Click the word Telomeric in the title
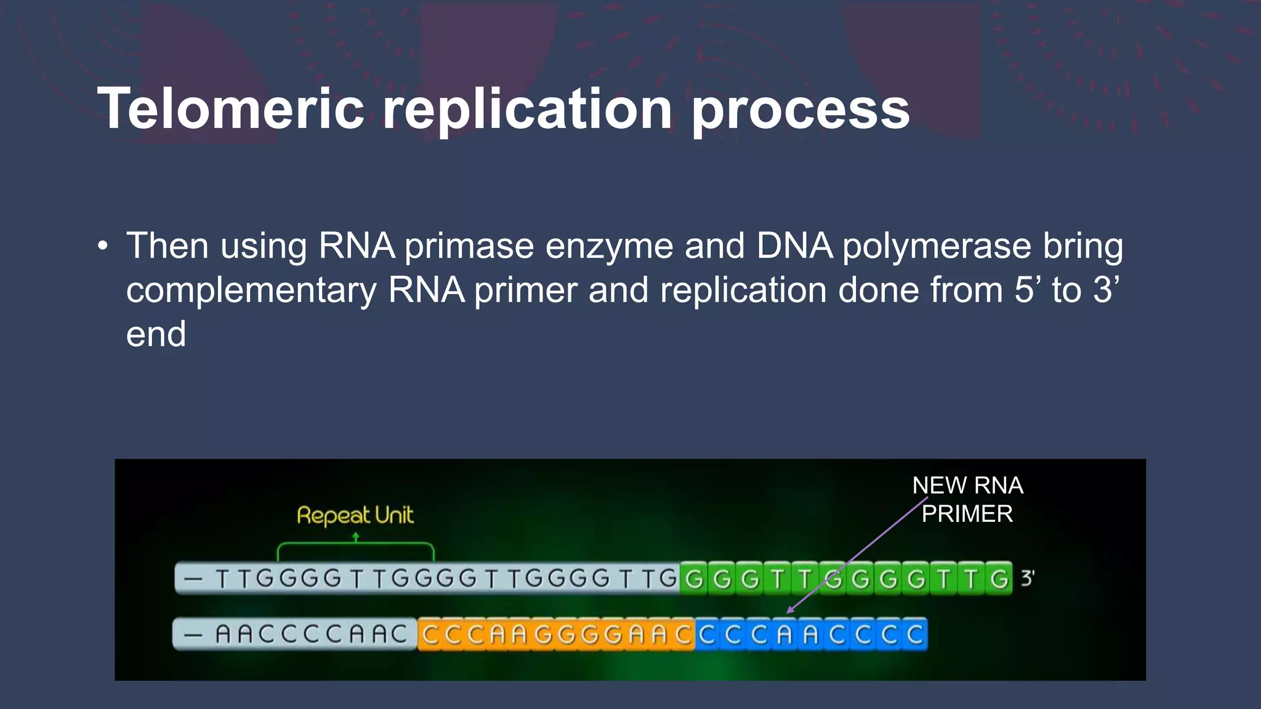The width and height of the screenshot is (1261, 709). pos(231,109)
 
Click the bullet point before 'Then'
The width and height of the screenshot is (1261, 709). pos(103,247)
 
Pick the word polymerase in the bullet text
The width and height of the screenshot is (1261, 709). pos(937,246)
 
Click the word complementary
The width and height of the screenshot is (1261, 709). pos(251,291)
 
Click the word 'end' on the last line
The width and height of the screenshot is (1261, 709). pos(156,334)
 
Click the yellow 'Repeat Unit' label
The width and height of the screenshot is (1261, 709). pos(355,515)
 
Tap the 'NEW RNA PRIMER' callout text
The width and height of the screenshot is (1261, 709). pos(967,499)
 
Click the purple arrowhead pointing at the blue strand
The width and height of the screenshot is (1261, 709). pos(791,609)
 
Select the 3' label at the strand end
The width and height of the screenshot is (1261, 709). pos(1027,578)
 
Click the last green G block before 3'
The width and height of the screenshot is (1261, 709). pos(999,579)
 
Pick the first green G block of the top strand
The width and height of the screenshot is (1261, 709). pos(694,579)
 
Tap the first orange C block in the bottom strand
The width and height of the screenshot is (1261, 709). pos(431,635)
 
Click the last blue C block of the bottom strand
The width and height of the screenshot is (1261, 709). pos(914,635)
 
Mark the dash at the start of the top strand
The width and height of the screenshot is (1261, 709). pos(193,579)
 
